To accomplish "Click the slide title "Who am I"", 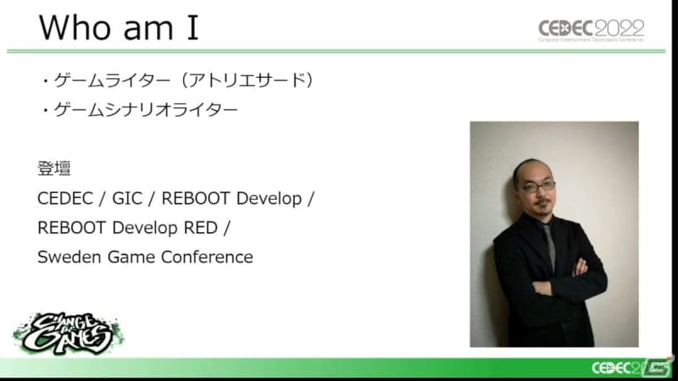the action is click(119, 28).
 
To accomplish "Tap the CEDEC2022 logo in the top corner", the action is click(591, 30).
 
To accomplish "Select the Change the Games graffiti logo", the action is click(68, 334).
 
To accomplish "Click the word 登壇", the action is click(54, 168).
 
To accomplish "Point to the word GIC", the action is click(127, 199).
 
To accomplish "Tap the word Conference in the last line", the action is click(207, 257).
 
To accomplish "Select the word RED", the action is click(201, 228).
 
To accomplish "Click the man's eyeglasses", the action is click(538, 187).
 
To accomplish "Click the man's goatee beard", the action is click(542, 207).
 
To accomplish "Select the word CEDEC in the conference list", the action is click(65, 199).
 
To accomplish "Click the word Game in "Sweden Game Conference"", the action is click(131, 257).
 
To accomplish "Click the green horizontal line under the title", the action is click(336, 52).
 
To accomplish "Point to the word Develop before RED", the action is click(145, 228).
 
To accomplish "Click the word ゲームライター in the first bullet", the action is click(112, 80).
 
